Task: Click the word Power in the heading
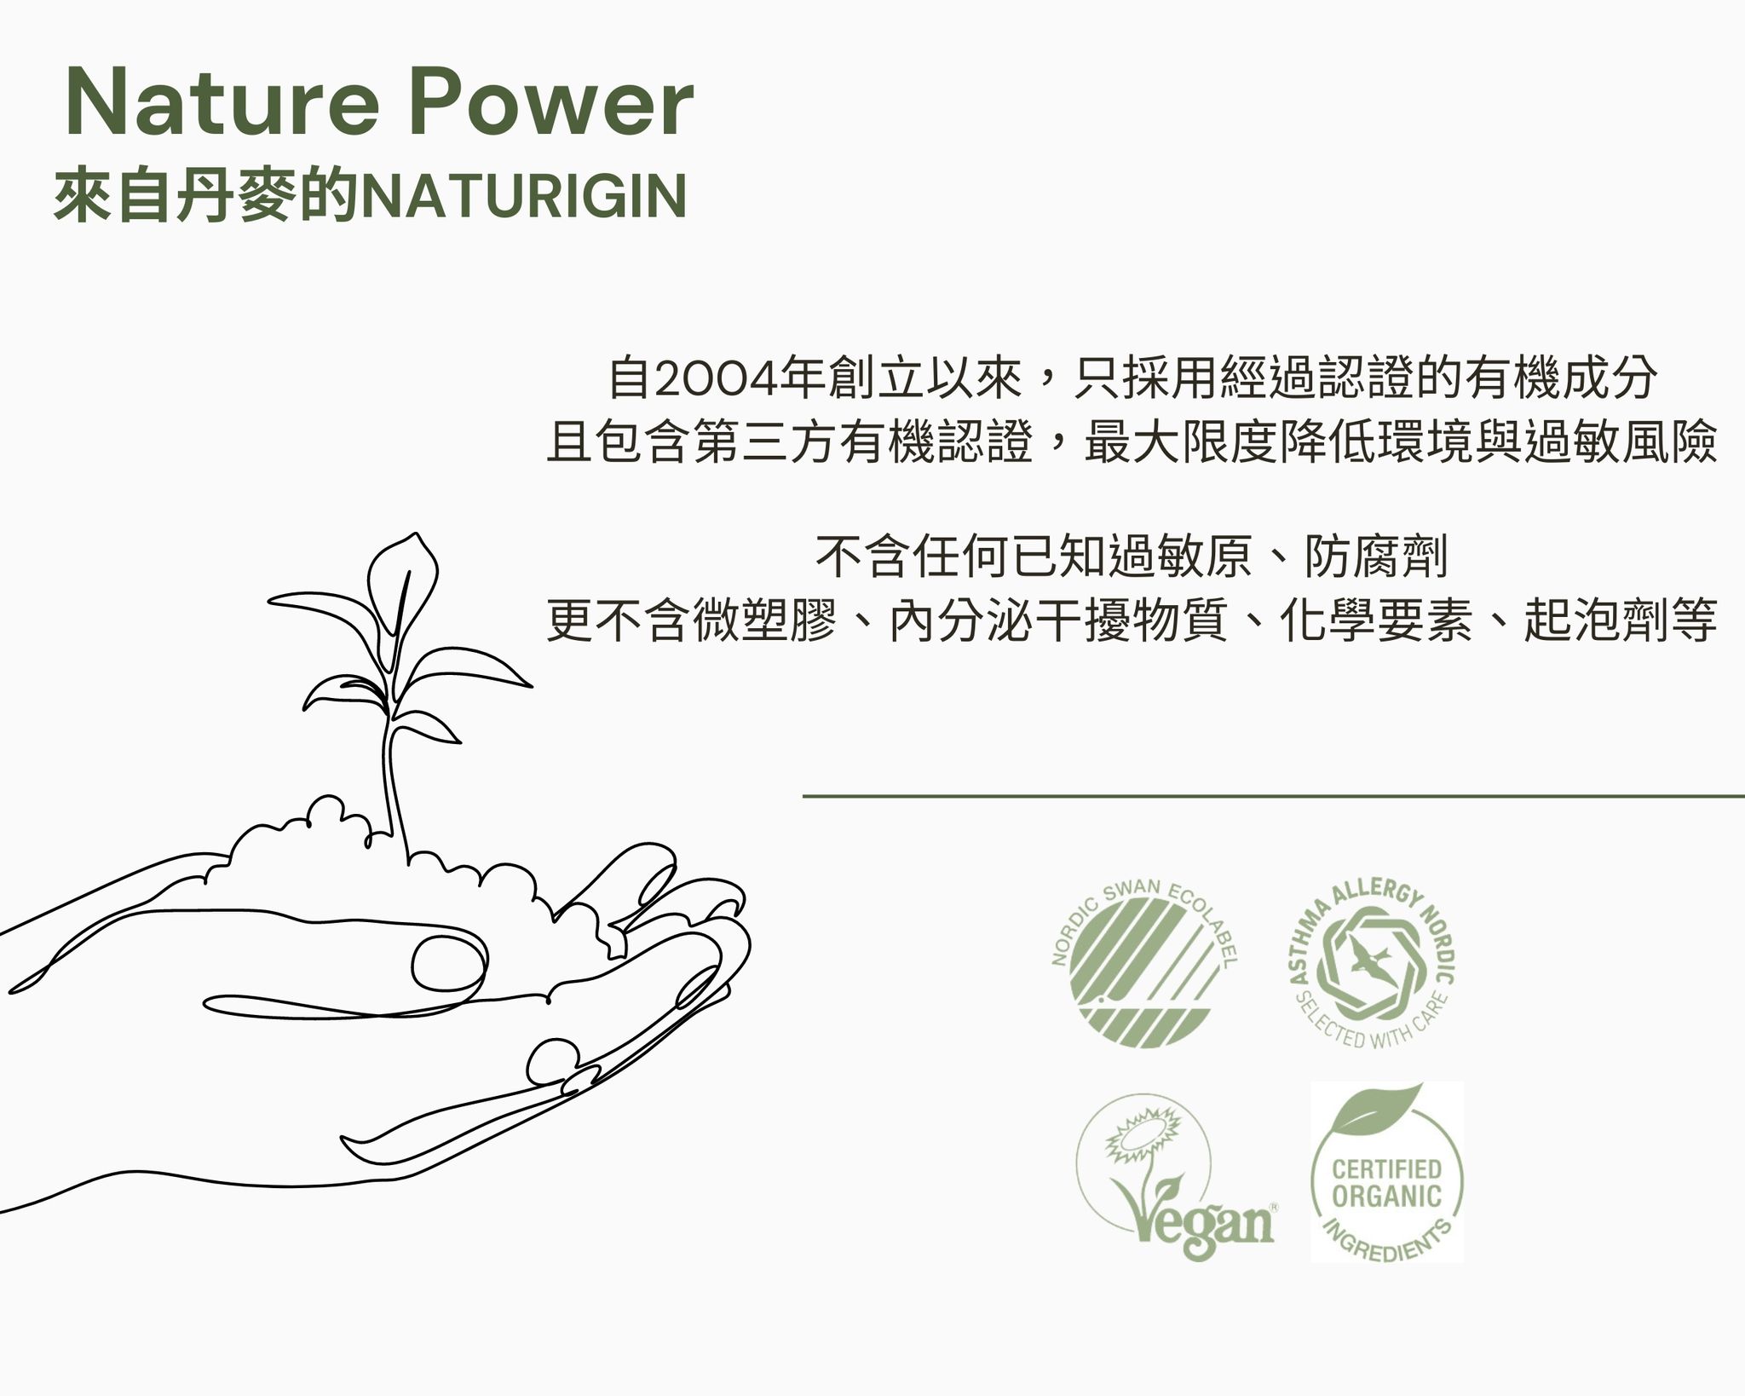551,104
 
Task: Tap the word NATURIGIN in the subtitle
524,196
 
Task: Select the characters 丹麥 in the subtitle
238,196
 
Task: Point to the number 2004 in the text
720,380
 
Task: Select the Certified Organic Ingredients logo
1386,1172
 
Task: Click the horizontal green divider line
1274,797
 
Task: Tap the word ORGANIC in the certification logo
1386,1196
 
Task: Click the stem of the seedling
394,767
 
